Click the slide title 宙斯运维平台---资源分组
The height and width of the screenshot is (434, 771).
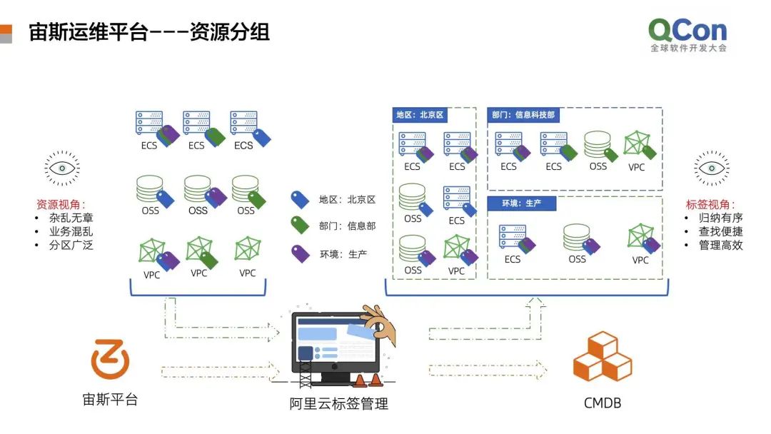149,32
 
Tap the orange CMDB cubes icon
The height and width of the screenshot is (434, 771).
602,357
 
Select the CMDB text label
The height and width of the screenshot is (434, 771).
602,403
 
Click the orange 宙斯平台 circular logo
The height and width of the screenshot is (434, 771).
111,359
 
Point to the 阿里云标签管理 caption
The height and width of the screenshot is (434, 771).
339,404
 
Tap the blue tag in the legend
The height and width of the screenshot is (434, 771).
300,200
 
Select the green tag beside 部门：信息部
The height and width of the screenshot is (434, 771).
300,226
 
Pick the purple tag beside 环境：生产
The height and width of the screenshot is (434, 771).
300,253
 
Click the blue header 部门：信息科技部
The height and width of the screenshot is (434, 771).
523,115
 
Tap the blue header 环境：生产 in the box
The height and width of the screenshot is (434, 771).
521,203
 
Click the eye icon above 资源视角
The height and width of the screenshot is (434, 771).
62,168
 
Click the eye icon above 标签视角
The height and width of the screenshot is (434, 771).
712,168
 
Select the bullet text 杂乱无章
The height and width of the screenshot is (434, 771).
71,218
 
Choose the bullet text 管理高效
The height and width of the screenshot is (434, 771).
721,245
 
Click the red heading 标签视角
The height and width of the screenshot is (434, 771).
710,204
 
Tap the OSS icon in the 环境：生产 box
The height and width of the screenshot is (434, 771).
576,237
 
